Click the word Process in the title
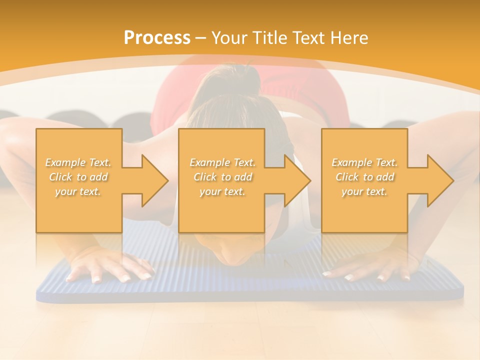(157, 38)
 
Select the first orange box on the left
(79, 180)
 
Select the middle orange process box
(221, 180)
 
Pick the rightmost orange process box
(364, 180)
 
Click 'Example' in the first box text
(65, 162)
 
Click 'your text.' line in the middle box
(222, 191)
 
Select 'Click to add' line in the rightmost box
(364, 177)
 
